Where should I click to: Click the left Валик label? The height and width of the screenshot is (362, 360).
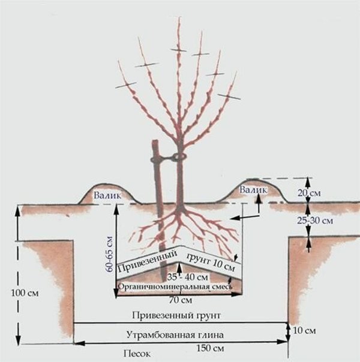point(107,195)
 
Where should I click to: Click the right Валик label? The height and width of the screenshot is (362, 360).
point(253,190)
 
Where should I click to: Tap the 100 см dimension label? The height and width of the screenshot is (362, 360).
point(25,293)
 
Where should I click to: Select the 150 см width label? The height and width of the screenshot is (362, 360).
point(210,348)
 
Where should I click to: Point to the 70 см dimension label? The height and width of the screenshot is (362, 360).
point(181,300)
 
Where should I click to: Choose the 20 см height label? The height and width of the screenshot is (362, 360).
point(309,193)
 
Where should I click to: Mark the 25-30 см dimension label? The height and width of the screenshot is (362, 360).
point(315,221)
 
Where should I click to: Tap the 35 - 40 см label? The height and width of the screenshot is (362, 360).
point(188,277)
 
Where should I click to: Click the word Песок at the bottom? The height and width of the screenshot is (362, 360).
point(137,354)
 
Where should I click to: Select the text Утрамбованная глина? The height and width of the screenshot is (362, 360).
point(175,334)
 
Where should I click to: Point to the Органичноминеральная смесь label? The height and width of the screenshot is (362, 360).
point(175,286)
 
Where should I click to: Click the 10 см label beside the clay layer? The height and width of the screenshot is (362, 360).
point(304,331)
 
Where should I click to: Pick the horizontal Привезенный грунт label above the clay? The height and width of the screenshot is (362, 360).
point(176,315)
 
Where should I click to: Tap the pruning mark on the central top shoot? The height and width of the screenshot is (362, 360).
point(178,50)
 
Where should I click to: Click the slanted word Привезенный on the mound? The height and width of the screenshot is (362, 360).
point(148,261)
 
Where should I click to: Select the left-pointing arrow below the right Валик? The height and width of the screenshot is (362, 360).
point(245,217)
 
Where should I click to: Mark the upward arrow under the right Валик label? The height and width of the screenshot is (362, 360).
point(259,203)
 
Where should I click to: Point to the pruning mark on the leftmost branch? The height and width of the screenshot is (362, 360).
point(126,85)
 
